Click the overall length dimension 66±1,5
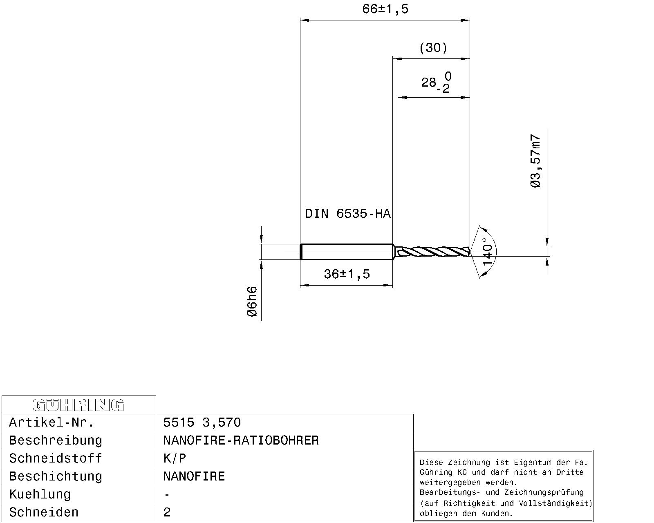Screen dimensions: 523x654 pos(385,9)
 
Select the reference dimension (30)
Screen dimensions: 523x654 pos(433,48)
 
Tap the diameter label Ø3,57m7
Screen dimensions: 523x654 pos(536,161)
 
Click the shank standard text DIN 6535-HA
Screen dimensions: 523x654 pos(347,214)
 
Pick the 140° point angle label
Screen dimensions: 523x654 pos(488,252)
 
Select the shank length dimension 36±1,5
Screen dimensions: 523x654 pos(347,274)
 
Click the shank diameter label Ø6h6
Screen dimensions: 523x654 pos(252,302)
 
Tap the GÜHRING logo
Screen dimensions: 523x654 pos(78,405)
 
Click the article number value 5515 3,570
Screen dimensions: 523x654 pos(202,422)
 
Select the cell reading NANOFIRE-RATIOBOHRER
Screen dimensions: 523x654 pos(241,440)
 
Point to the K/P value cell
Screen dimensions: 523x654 pos(175,458)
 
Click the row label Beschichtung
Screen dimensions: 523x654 pos(56,476)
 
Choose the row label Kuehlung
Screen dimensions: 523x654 pos(40,494)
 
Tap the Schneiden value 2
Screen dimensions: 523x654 pos(167,512)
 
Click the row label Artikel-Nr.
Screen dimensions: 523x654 pos(52,422)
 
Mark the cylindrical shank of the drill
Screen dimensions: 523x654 pos(347,251)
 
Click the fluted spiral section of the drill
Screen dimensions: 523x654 pos(433,251)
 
